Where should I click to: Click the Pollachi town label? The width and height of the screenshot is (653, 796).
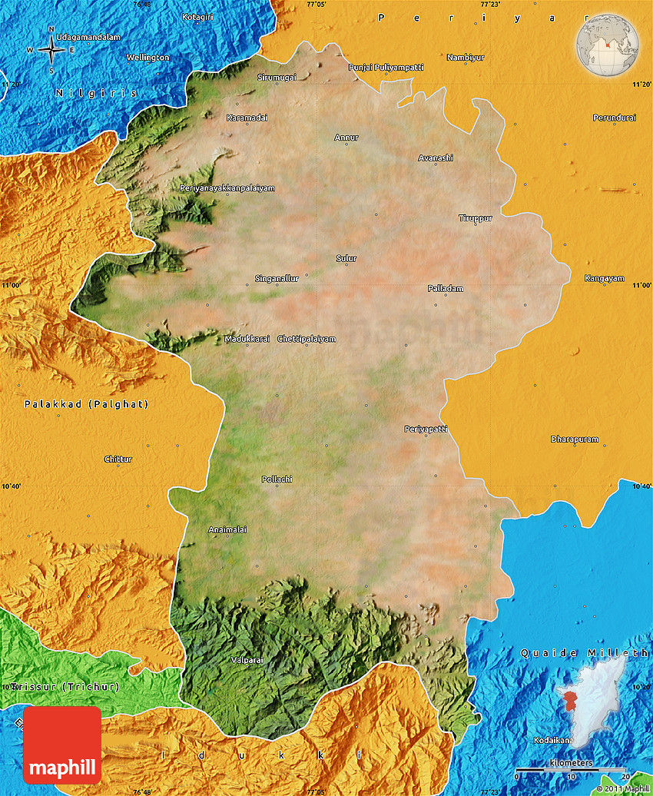tap(277, 479)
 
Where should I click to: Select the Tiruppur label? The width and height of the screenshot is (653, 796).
tap(475, 218)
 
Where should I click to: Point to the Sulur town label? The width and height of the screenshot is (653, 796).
tap(346, 259)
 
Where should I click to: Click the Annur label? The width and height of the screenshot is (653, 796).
tap(346, 138)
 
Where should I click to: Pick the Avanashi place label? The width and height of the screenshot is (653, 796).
tap(436, 158)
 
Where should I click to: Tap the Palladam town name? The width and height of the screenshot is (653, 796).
tap(446, 288)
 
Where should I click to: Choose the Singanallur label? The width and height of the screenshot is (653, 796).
tap(277, 278)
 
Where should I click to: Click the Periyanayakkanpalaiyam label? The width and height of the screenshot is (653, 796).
tap(227, 188)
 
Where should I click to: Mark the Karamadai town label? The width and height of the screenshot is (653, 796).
tap(247, 118)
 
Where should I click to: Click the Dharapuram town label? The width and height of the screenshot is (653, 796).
tap(574, 439)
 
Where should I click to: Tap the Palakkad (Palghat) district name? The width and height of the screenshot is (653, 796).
tap(86, 404)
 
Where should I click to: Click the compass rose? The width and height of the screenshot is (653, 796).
tap(51, 50)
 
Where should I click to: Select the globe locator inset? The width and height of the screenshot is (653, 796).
tap(608, 45)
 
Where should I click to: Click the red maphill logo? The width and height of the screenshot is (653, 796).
tap(62, 745)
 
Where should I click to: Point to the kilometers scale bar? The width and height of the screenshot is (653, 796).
tap(571, 769)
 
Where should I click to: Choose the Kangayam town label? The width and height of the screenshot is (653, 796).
tap(604, 278)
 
